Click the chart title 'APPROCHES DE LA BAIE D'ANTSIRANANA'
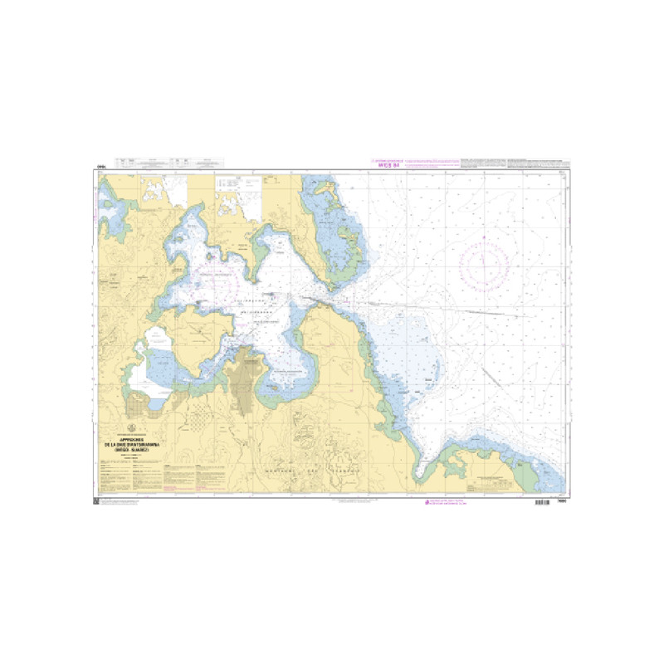(135, 445)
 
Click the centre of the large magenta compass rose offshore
(482, 264)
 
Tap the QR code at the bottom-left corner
(95, 500)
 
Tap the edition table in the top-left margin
(158, 164)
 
